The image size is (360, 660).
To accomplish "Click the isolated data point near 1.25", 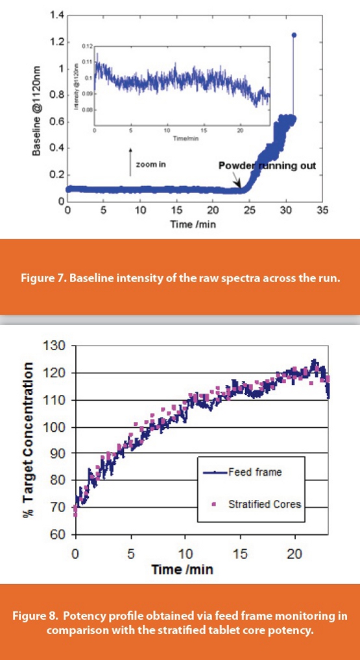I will [x=294, y=35].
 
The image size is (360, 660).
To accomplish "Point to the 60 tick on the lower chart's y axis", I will [x=60, y=535].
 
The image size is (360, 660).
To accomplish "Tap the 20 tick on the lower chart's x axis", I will [x=295, y=556].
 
